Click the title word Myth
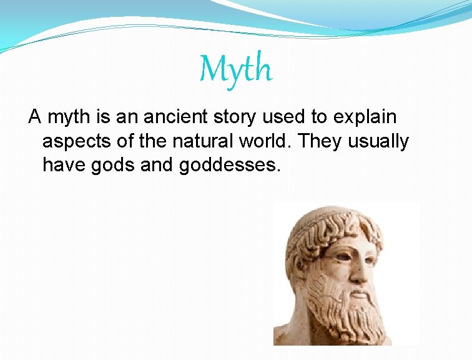point(236,69)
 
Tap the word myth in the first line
point(70,117)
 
